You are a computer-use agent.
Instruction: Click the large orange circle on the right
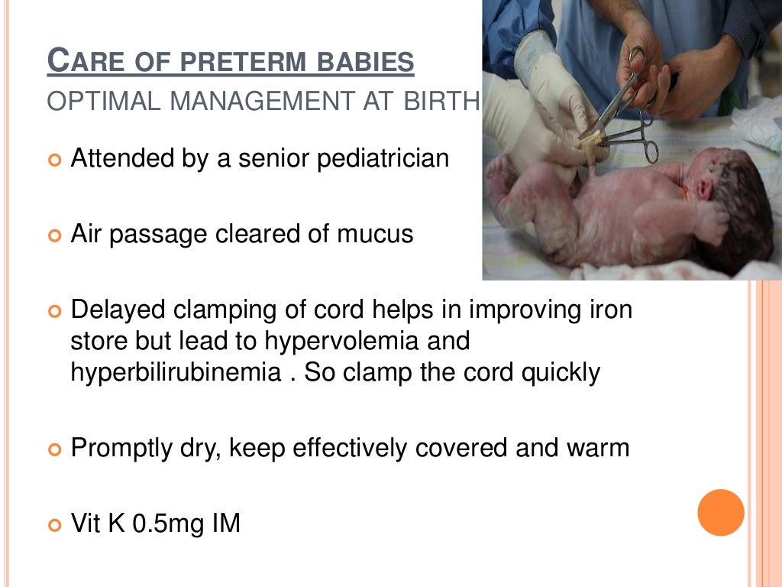coord(721,512)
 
